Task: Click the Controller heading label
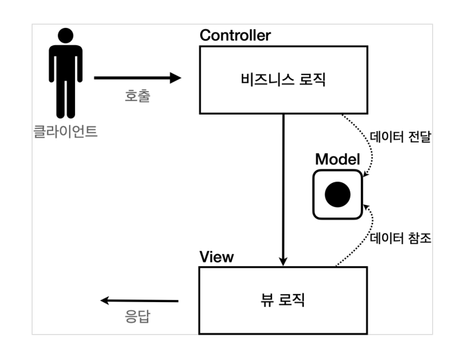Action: click(235, 36)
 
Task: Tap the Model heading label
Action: click(337, 159)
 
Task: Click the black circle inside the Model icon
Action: click(337, 194)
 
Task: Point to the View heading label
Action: click(217, 257)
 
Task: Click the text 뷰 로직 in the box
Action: click(283, 299)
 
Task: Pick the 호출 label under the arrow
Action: click(138, 96)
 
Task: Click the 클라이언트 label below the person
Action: click(65, 131)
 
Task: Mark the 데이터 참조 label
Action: click(400, 238)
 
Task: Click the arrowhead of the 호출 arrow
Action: click(176, 78)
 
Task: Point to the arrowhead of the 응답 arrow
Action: click(105, 300)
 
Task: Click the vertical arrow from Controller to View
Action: click(284, 186)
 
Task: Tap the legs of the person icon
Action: click(65, 100)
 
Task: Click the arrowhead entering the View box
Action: click(284, 260)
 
